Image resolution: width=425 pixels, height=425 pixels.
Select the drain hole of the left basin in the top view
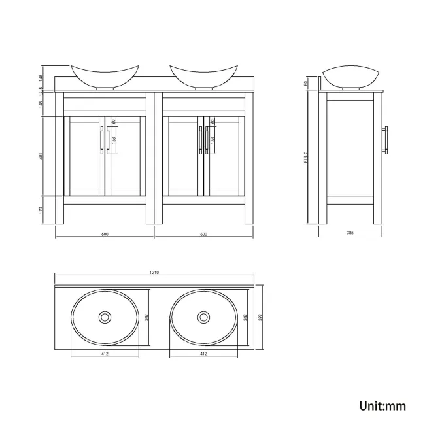click(x=104, y=317)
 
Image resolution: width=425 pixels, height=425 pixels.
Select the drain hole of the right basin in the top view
click(x=203, y=317)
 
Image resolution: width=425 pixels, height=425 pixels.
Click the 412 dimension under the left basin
click(x=105, y=354)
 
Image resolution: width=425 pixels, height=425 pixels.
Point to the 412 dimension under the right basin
click(x=203, y=354)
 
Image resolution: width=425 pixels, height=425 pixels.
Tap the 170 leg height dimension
click(x=42, y=209)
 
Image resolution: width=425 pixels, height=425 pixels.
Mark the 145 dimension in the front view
click(x=42, y=104)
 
